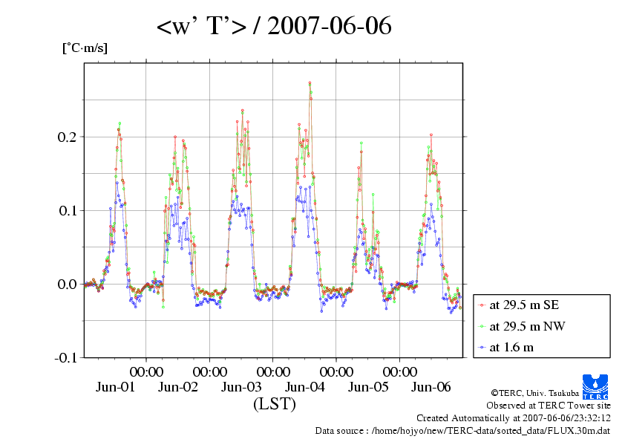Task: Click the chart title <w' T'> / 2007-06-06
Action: point(274,27)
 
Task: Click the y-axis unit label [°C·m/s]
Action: point(84,48)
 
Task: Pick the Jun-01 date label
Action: point(116,387)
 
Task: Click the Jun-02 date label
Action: point(179,387)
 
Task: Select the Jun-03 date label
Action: point(242,387)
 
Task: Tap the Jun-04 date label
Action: point(305,387)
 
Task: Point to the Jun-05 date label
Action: point(369,387)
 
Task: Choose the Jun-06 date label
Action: point(431,387)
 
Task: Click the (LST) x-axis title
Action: point(274,405)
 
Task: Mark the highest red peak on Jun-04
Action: point(310,82)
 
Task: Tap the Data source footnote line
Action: point(462,430)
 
